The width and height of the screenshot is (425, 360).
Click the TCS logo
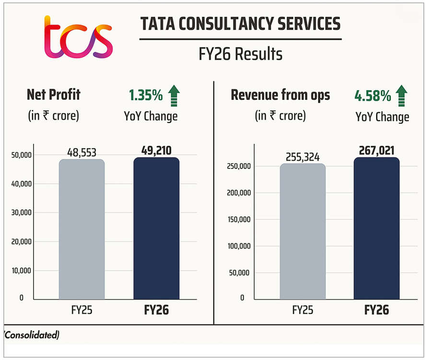pos(78,36)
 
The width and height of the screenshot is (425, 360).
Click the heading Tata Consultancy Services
pos(240,24)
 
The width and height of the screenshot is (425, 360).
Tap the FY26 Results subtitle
pos(240,54)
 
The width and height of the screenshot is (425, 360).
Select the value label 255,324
pos(302,157)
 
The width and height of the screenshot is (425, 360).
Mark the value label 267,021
pos(377,151)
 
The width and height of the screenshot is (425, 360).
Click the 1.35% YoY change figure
pos(145,96)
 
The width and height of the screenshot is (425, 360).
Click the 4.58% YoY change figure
pos(373,96)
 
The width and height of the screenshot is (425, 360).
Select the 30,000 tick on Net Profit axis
pos(21,213)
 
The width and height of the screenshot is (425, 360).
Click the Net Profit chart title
pos(54,95)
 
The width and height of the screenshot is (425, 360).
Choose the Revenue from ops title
pos(281,95)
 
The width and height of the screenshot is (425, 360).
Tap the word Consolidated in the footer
pos(32,335)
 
